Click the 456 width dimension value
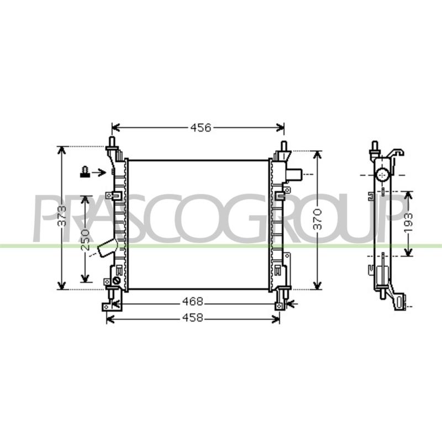click(x=201, y=128)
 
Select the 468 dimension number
click(x=193, y=301)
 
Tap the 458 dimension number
click(x=193, y=318)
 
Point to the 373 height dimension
click(x=62, y=216)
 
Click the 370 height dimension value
click(x=317, y=219)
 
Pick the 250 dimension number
click(x=85, y=240)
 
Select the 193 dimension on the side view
click(x=408, y=223)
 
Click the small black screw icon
click(x=85, y=172)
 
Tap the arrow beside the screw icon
click(x=99, y=172)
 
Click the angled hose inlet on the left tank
click(x=107, y=247)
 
